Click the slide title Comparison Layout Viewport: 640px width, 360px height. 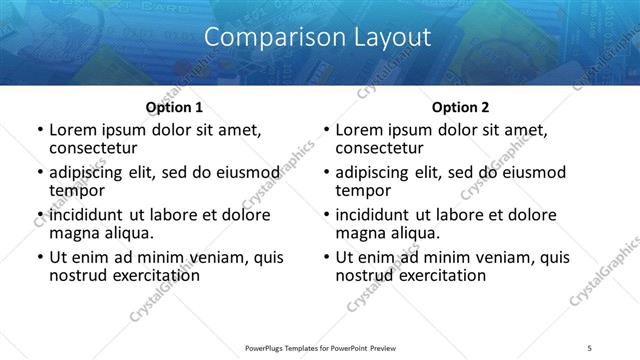[x=317, y=38]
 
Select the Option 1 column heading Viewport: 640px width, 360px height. [x=174, y=107]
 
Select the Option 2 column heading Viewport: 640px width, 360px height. [x=460, y=107]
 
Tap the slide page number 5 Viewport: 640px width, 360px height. [x=590, y=347]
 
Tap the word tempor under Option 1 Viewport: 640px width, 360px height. [x=76, y=190]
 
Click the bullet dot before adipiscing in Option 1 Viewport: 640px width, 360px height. [x=39, y=173]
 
